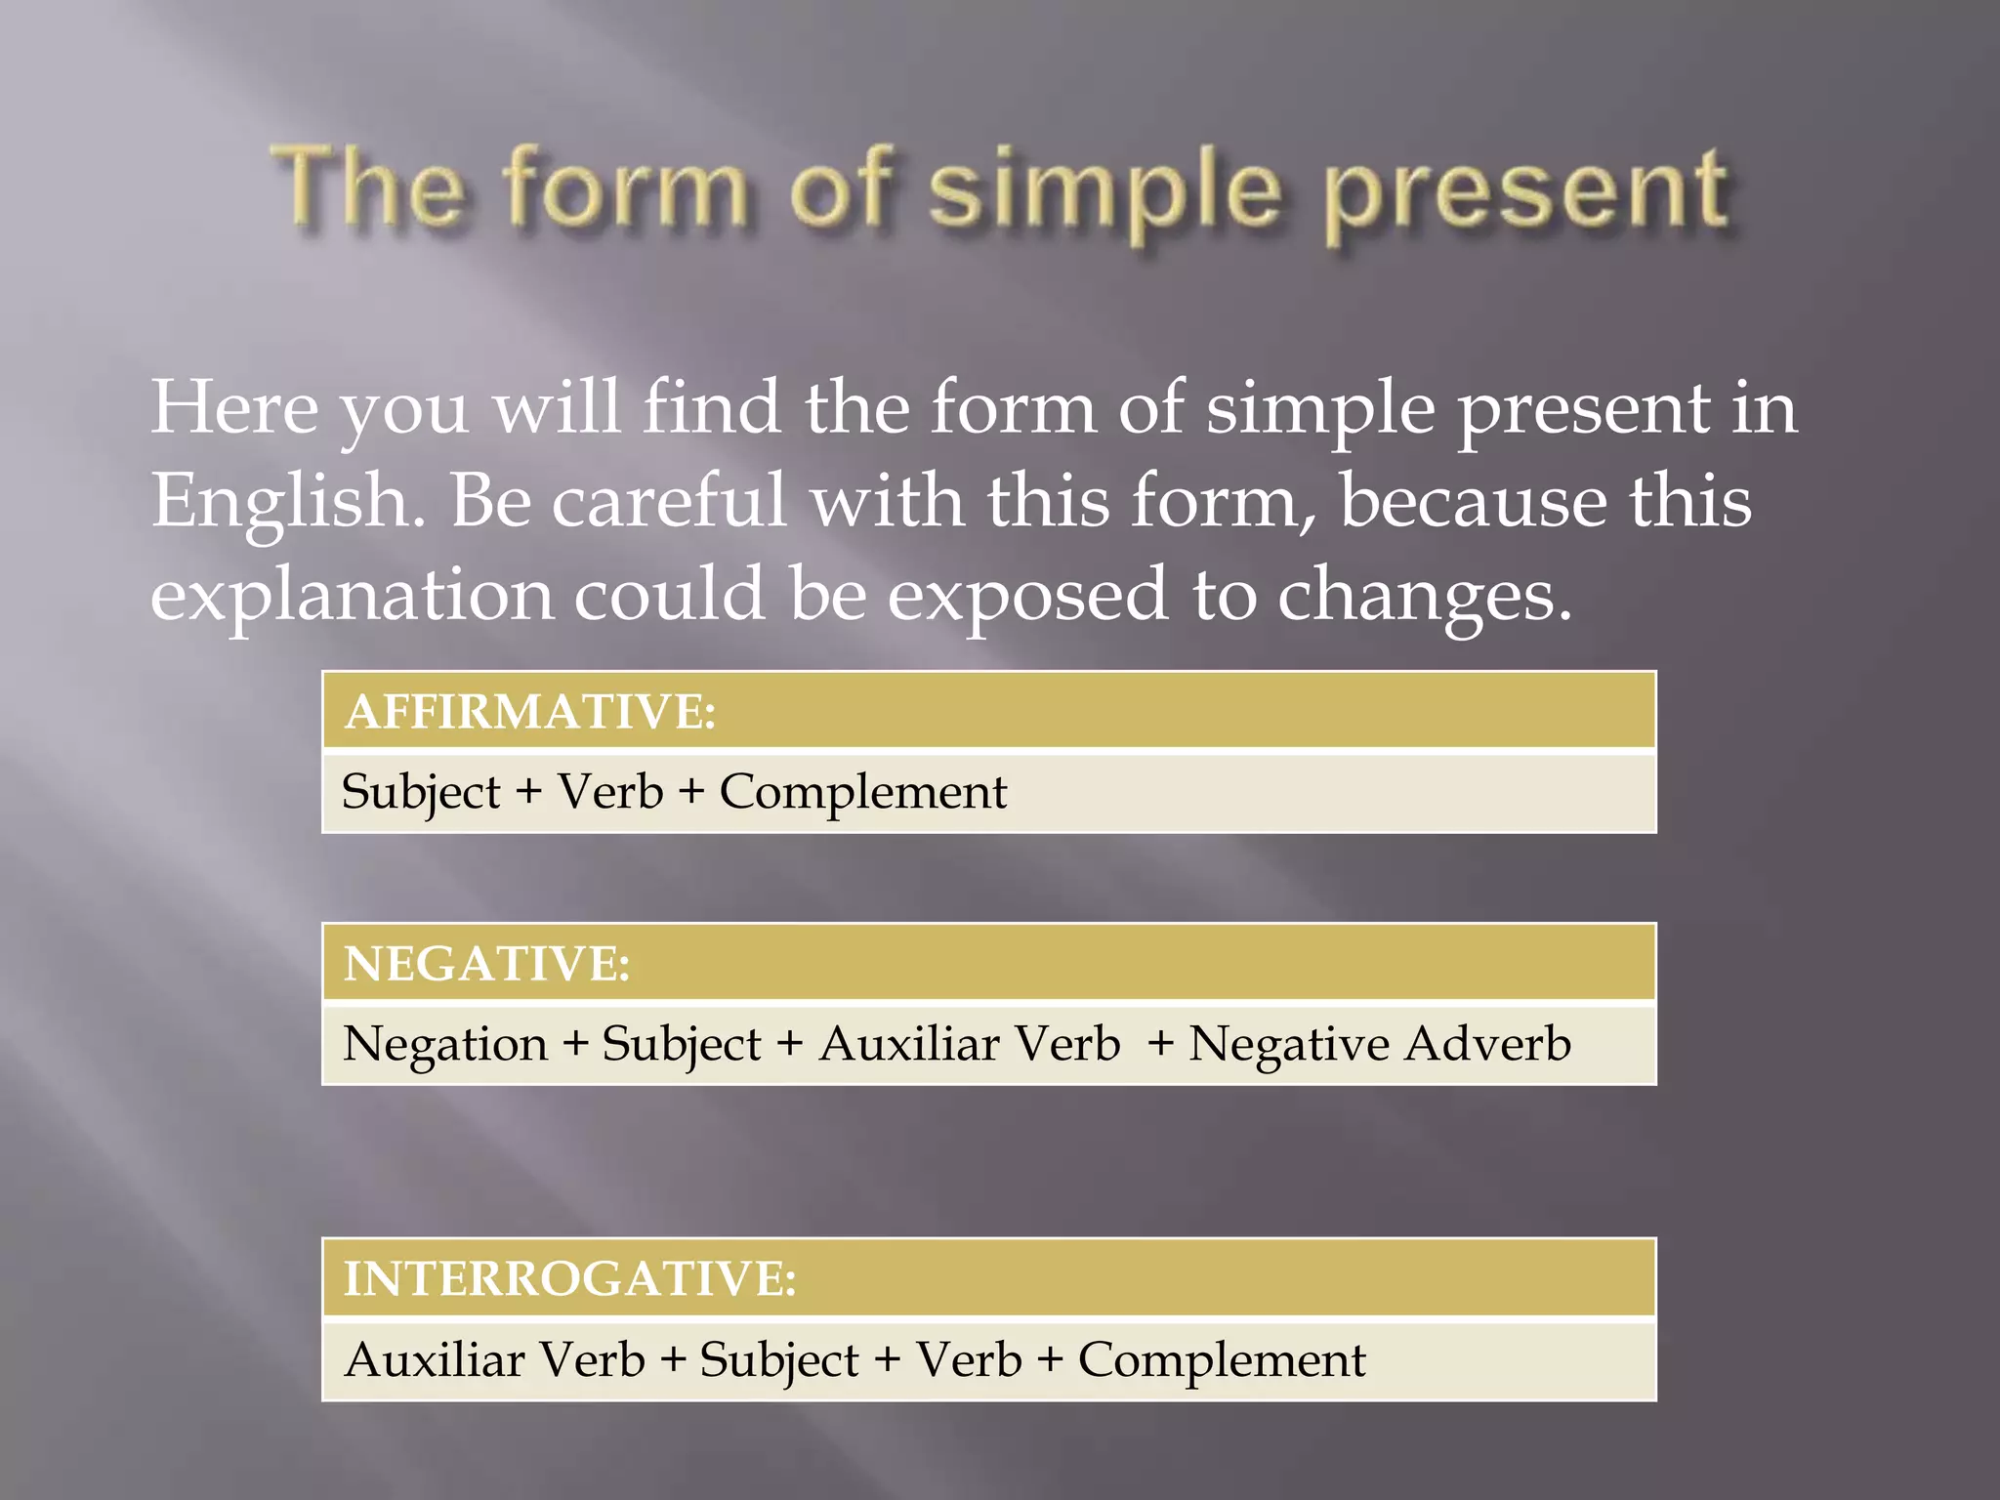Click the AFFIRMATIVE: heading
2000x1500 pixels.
pyautogui.click(x=530, y=711)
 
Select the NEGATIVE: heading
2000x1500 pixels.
pyautogui.click(x=486, y=963)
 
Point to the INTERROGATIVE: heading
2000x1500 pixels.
pyautogui.click(x=569, y=1278)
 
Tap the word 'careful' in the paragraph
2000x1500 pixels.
pyautogui.click(x=669, y=500)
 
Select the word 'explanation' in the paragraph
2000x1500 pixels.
pyautogui.click(x=352, y=596)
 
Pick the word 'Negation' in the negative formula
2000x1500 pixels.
pyautogui.click(x=445, y=1044)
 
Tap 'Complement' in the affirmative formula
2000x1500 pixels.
pyautogui.click(x=863, y=792)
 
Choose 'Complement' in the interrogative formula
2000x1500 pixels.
pyautogui.click(x=1222, y=1360)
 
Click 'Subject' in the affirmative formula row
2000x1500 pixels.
pyautogui.click(x=421, y=792)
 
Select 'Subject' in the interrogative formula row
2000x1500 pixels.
pyautogui.click(x=779, y=1360)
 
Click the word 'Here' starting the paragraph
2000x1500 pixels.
pyautogui.click(x=234, y=407)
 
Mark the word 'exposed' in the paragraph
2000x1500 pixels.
pyautogui.click(x=1026, y=596)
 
